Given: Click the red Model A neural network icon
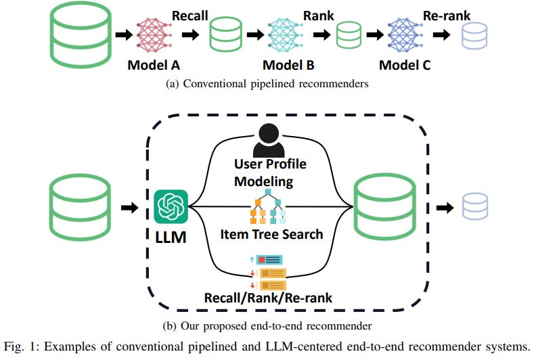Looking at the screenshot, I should click(x=157, y=35).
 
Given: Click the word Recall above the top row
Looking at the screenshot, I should click(x=190, y=14).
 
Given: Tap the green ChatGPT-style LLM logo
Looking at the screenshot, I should click(x=170, y=206).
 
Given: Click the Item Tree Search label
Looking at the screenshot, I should click(x=271, y=234).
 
